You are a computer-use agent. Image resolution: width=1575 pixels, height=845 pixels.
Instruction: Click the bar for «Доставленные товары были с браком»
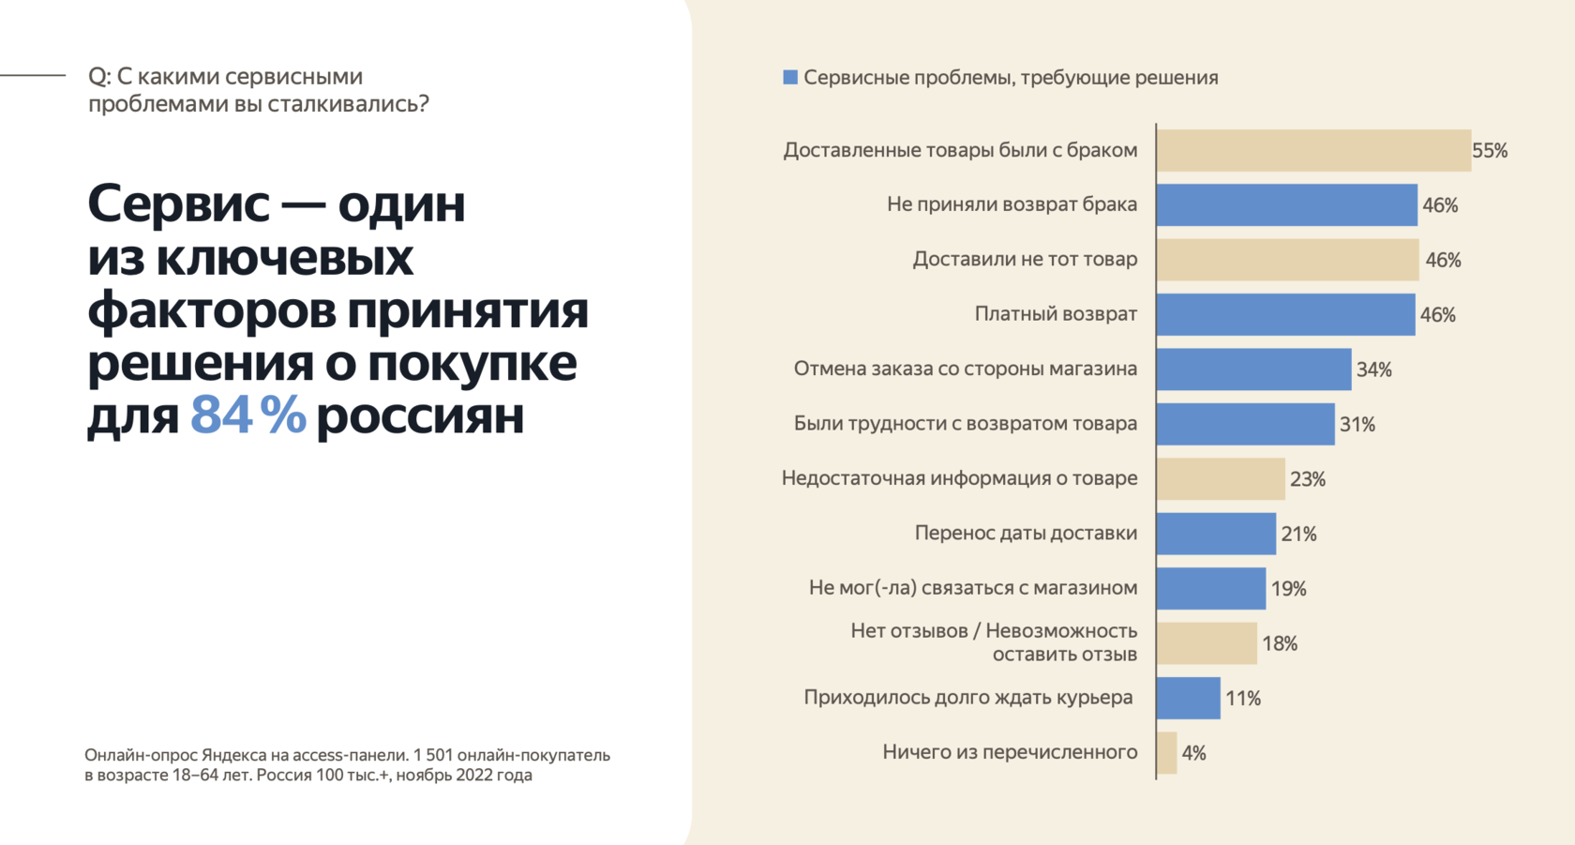click(1312, 150)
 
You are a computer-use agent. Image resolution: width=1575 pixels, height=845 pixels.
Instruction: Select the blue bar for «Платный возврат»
click(1285, 314)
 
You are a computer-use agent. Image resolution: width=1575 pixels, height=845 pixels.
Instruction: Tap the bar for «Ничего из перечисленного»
click(1167, 752)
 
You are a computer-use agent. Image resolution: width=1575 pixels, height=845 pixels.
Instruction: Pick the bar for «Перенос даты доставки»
click(1216, 534)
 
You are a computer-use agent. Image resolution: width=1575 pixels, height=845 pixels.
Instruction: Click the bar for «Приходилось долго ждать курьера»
click(1189, 698)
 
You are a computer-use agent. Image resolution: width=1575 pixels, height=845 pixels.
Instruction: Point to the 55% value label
click(1490, 151)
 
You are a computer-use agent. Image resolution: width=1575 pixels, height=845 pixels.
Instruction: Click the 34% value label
click(1373, 370)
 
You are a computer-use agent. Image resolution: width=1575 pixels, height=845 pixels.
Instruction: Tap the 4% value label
click(1193, 753)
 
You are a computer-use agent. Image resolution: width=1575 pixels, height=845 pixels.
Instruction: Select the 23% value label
click(1307, 479)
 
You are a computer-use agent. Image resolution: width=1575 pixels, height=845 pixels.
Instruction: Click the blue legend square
click(790, 77)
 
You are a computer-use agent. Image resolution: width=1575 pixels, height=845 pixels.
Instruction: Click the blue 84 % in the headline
click(248, 415)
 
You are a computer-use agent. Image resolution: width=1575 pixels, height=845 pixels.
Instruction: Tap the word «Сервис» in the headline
click(178, 203)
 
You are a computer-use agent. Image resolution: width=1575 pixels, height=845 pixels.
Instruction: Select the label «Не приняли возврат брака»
click(1012, 204)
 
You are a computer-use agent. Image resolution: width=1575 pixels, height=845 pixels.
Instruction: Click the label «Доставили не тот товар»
click(1025, 259)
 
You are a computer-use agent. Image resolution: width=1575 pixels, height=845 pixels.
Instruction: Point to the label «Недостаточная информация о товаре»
click(959, 478)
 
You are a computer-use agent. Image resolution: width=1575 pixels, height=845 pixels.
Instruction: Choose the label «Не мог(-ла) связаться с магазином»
click(972, 588)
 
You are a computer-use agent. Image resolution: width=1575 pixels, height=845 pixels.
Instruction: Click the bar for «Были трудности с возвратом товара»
click(1245, 424)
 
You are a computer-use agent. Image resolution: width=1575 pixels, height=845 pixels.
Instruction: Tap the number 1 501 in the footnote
click(432, 755)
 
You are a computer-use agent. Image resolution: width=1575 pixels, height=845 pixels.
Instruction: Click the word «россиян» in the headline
click(420, 415)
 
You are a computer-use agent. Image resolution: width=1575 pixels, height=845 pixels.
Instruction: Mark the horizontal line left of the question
click(33, 74)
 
